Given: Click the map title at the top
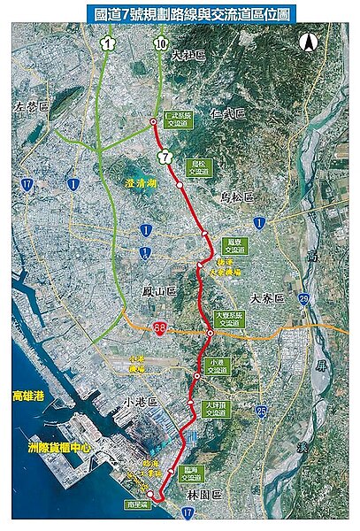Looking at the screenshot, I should tap(180, 13).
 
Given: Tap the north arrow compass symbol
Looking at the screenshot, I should tap(309, 42).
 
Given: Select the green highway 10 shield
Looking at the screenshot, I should tap(160, 44).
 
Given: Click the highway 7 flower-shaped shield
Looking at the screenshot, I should tap(164, 157).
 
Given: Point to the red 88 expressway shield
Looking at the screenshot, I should tap(160, 328).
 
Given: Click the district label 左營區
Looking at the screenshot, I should tap(30, 106).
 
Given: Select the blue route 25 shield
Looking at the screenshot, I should tap(261, 412).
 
